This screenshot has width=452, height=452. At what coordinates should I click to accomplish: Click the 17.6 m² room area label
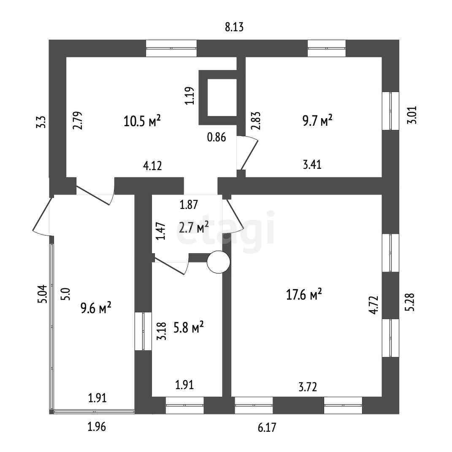[304, 294]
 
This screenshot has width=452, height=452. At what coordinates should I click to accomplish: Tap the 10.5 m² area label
[142, 121]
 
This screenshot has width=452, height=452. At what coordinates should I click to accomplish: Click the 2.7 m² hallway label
[194, 228]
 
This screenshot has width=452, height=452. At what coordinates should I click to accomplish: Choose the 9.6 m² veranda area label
[96, 308]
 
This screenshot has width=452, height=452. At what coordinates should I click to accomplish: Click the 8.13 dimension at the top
[234, 28]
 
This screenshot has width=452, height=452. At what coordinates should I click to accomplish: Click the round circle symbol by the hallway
[219, 262]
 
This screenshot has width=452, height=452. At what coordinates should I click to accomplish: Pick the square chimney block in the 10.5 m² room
[218, 97]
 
